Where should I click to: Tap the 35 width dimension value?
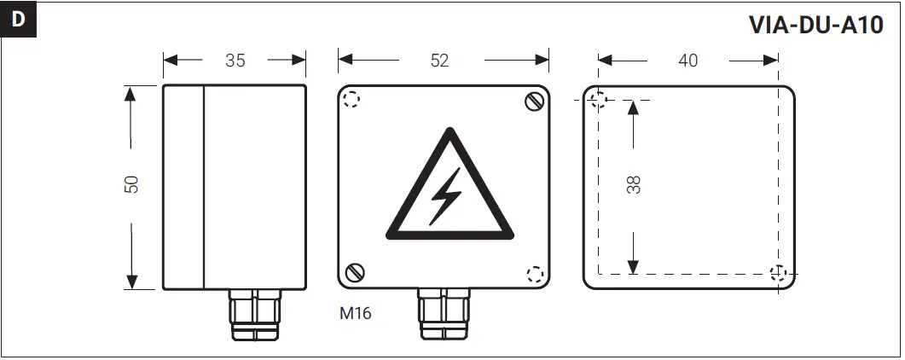click(x=235, y=61)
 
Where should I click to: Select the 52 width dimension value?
click(x=439, y=61)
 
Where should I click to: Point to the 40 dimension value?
click(x=687, y=61)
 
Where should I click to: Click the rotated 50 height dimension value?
click(x=131, y=185)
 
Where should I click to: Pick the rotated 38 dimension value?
click(x=633, y=185)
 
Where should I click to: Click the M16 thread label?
click(x=355, y=312)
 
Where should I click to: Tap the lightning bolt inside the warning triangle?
click(x=446, y=195)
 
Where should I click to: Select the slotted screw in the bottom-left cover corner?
click(x=354, y=273)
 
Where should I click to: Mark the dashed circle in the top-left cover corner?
click(x=351, y=101)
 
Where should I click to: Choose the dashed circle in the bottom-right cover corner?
click(x=535, y=274)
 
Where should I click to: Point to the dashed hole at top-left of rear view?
click(x=599, y=101)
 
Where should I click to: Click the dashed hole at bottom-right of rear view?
click(x=778, y=274)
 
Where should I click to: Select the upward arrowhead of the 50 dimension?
click(x=131, y=94)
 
